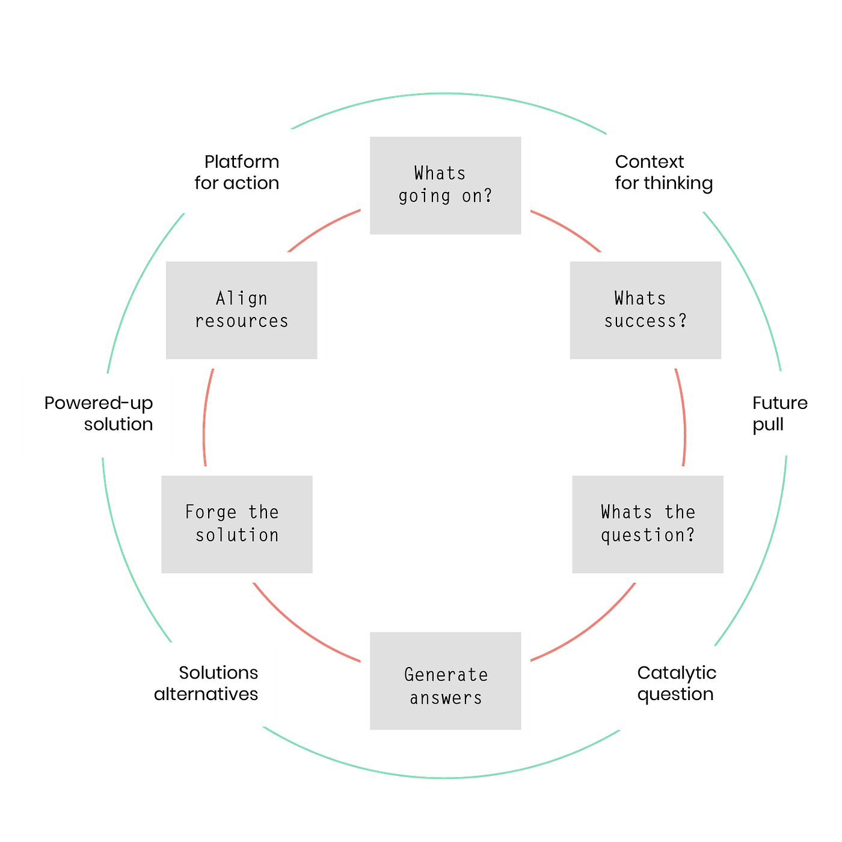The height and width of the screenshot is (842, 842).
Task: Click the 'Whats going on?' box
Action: point(446,185)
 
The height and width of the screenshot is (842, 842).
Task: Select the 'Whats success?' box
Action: point(645,310)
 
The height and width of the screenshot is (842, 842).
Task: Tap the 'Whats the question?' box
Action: point(647,524)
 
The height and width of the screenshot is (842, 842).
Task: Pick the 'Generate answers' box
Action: point(446,681)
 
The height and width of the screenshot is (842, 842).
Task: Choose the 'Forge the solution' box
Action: point(237,524)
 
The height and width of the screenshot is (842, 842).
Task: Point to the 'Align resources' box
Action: point(242,310)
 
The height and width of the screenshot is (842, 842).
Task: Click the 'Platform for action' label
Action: point(224,171)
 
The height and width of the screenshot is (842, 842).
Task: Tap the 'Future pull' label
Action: point(781,413)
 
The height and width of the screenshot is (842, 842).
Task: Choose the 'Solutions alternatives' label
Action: point(201,684)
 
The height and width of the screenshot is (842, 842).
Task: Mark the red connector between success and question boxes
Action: point(684,417)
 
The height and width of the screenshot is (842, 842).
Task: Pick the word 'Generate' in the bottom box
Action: point(446,675)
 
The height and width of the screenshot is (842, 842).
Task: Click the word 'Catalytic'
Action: point(677,672)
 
